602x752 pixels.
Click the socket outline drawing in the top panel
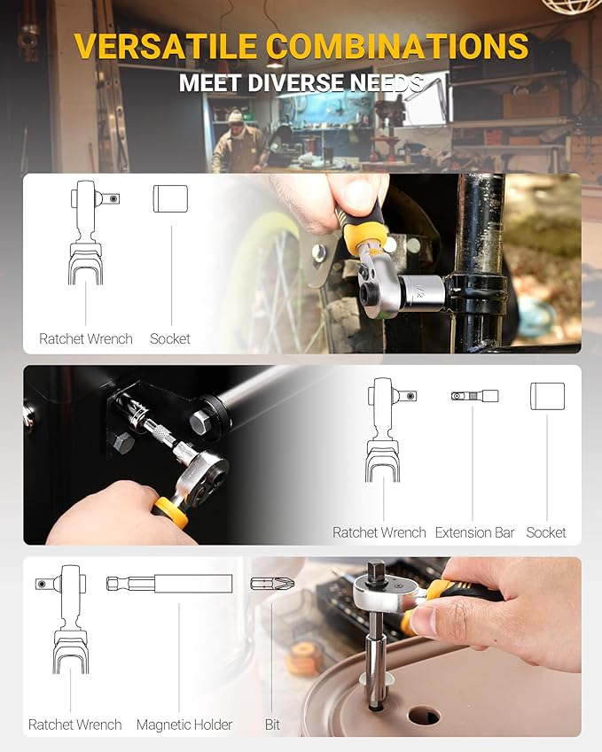point(170,198)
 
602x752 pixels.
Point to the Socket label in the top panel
point(170,338)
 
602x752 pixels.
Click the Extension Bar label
point(474,532)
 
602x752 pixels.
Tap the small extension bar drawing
point(473,396)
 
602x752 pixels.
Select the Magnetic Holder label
point(184,725)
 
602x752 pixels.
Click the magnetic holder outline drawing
point(169,584)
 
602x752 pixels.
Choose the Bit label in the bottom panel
point(272,725)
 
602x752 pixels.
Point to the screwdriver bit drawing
point(269,584)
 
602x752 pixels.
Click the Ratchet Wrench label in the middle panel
point(379,532)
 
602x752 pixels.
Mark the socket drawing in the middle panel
point(547,396)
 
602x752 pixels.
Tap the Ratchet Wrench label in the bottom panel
point(75,725)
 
